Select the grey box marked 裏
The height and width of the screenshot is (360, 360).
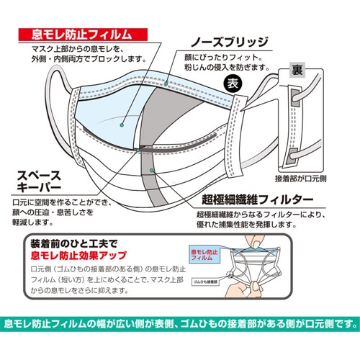pos(296,69)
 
